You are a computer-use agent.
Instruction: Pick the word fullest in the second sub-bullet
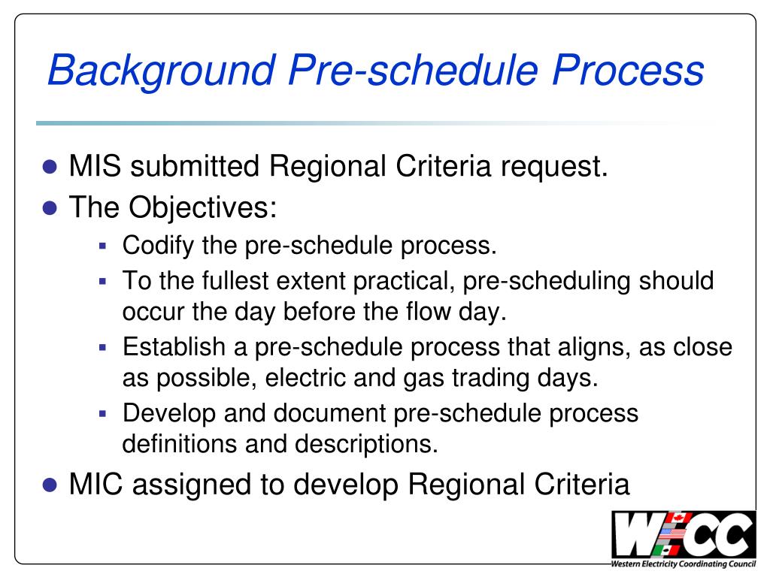233,281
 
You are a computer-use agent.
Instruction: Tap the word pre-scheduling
548,281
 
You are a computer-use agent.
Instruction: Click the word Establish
174,346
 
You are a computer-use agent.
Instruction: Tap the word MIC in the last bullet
95,485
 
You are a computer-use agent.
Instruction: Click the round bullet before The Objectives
50,207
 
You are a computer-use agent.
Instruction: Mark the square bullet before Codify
105,246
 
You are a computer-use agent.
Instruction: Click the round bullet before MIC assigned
50,485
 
